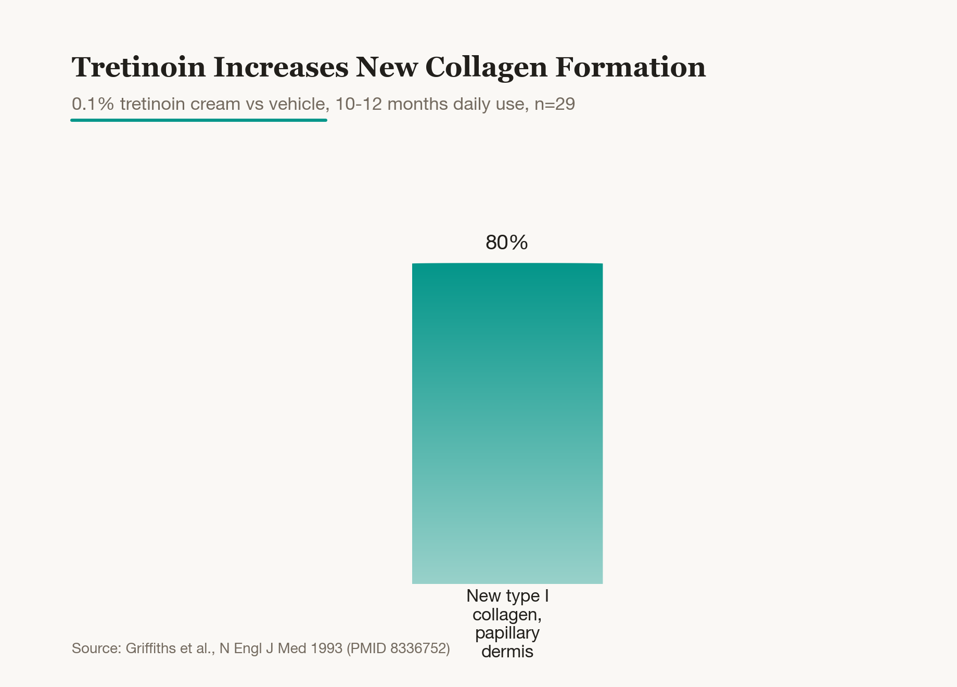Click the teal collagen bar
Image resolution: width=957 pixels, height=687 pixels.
coord(507,423)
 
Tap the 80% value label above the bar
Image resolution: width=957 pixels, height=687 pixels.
coord(507,243)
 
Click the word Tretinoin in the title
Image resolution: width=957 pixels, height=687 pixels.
coord(138,67)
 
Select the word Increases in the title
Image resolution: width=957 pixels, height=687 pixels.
coord(281,67)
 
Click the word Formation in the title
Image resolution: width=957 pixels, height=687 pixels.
coord(631,67)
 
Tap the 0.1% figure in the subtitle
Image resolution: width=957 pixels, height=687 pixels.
coord(93,104)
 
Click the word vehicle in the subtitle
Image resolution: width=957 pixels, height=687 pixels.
coord(299,104)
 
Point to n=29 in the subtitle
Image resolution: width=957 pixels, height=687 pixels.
coord(555,104)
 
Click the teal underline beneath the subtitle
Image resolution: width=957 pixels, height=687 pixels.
coord(199,120)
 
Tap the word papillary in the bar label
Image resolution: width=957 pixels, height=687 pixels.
coord(507,633)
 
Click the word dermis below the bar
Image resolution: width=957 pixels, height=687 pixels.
coord(507,652)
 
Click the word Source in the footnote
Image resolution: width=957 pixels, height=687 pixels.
coord(96,648)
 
